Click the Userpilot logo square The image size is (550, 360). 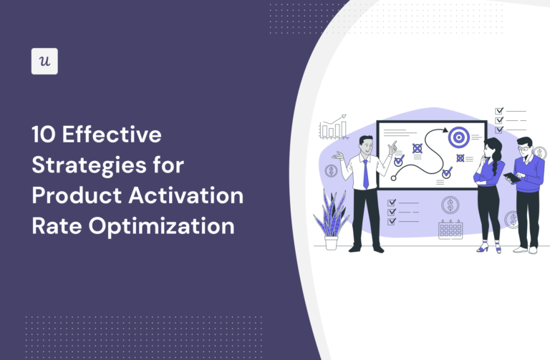[x=44, y=62]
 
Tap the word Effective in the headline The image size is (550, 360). [x=115, y=135]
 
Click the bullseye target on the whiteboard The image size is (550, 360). [x=458, y=134]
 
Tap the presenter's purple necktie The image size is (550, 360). [x=366, y=172]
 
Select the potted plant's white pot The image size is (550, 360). [x=331, y=242]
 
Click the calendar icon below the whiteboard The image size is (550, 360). [x=450, y=228]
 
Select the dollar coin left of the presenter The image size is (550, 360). [x=332, y=171]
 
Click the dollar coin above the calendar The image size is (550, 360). [x=450, y=205]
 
